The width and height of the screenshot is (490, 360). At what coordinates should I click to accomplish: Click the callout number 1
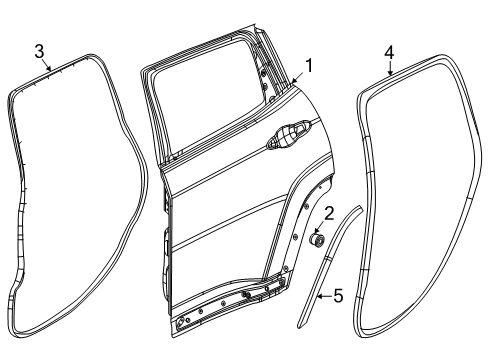pyautogui.click(x=310, y=67)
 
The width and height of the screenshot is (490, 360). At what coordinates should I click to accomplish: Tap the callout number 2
pyautogui.click(x=329, y=211)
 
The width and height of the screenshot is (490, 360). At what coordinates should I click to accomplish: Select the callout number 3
pyautogui.click(x=39, y=51)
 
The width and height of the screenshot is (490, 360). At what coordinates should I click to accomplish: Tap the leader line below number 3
pyautogui.click(x=46, y=66)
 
